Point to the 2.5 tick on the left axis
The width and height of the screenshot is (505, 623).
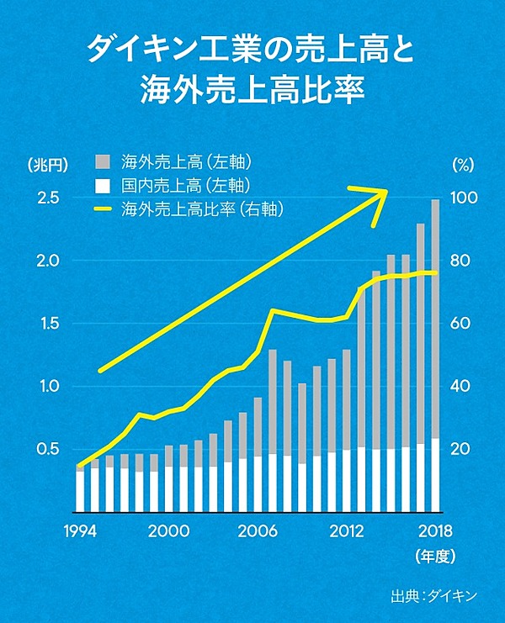click(x=47, y=198)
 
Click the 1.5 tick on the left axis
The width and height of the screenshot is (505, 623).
click(x=47, y=324)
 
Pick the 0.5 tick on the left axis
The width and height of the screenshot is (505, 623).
click(x=47, y=449)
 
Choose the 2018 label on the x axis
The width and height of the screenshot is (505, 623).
click(x=435, y=531)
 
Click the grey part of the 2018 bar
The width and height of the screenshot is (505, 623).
click(x=435, y=319)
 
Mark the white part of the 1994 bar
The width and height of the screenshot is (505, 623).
click(x=80, y=491)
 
